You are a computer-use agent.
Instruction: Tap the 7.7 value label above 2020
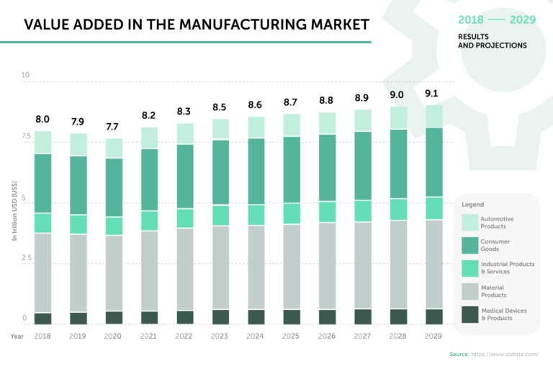(x=114, y=127)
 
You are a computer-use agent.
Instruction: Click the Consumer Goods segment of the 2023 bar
(x=221, y=172)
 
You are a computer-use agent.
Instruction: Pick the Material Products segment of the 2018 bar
(x=42, y=272)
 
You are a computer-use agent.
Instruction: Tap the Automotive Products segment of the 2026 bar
(x=328, y=123)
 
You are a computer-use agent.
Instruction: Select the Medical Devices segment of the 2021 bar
(x=150, y=317)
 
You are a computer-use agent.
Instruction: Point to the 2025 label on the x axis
(x=292, y=336)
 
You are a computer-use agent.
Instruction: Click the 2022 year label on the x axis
(x=185, y=336)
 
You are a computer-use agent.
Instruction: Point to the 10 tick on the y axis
(x=25, y=76)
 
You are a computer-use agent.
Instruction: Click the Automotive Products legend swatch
(x=470, y=222)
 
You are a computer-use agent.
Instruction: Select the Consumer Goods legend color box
(x=470, y=245)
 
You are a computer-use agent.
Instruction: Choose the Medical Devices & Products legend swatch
(x=470, y=314)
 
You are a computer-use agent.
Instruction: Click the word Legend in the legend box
(x=472, y=205)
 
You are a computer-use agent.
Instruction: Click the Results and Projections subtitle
(x=492, y=40)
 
